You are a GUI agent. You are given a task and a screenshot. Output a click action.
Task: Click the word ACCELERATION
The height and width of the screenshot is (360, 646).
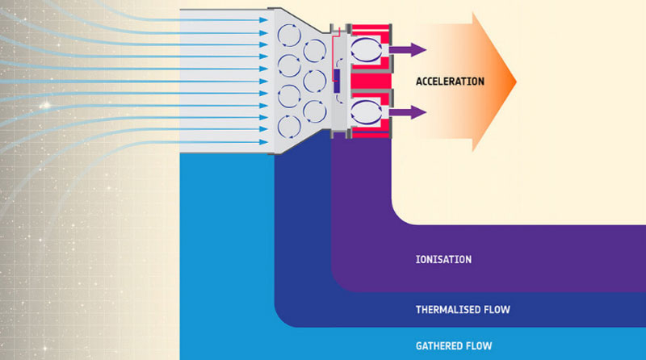coord(450,82)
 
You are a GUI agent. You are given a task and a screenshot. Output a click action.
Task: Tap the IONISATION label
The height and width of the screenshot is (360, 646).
coord(443,260)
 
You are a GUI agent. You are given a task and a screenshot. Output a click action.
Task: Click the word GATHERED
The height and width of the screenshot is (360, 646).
coord(443,345)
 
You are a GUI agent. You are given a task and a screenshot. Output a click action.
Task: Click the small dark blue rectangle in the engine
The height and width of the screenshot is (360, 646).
coord(337,81)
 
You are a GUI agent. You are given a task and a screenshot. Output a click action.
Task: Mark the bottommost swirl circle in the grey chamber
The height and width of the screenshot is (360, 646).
coord(288,125)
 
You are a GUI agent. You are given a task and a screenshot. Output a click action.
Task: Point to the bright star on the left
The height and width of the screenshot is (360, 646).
coord(46,107)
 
